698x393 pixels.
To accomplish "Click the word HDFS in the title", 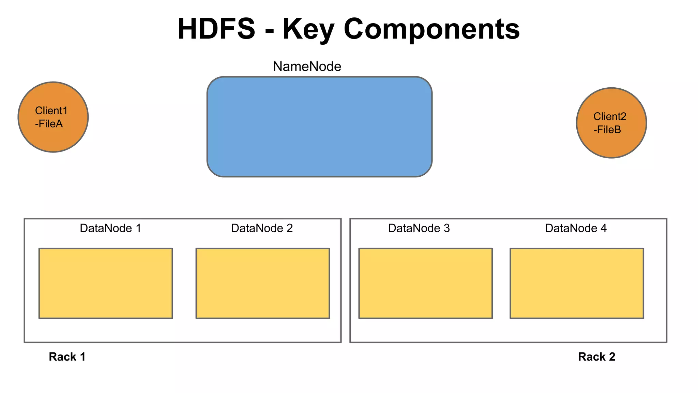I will pos(216,29).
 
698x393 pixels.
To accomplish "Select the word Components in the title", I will pos(432,29).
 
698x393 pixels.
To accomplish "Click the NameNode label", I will pos(307,67).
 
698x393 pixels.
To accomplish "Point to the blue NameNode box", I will pos(319,127).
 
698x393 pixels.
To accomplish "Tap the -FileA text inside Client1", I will pos(49,124).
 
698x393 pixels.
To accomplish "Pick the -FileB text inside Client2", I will pos(607,130).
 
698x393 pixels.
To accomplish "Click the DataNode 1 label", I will pos(110,228).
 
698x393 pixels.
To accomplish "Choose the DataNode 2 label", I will pos(262,228).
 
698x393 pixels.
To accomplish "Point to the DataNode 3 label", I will pos(419,228).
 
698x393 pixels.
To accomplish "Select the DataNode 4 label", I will pos(576,228).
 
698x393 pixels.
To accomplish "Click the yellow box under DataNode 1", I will pos(106,283).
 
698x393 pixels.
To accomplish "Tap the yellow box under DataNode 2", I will pos(262,283).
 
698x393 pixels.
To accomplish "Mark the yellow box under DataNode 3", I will pos(425,283).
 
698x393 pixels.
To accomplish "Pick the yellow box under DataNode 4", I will pos(577,283).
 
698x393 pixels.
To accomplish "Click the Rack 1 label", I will pos(67,357).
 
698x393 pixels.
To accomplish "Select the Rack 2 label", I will pos(596,357).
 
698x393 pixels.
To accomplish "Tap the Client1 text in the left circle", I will pos(51,111).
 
